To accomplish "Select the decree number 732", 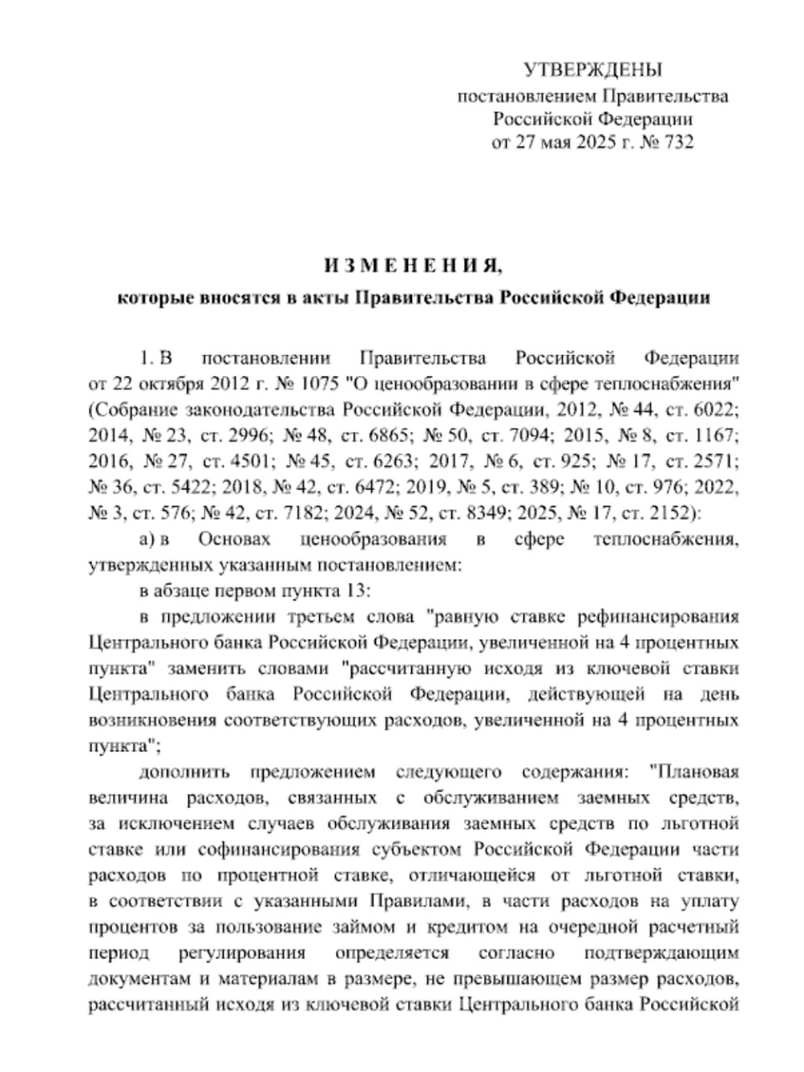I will pos(678,142).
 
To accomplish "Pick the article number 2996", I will pos(246,435).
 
